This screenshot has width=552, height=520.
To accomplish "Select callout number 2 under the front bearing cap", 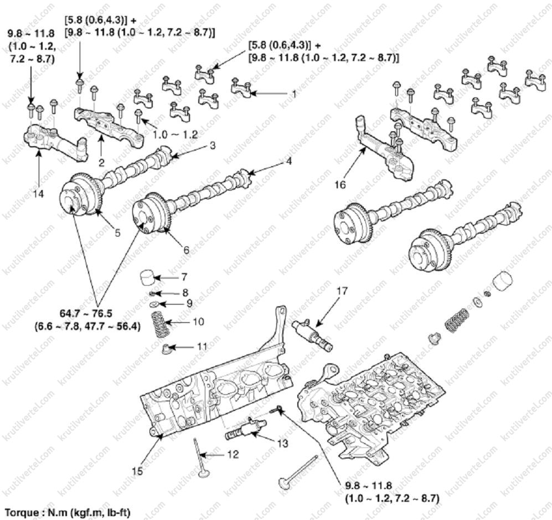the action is pos(102,162).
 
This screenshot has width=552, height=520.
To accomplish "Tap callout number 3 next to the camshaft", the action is pos(212,146).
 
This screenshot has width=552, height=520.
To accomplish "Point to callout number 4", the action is pos(288,162).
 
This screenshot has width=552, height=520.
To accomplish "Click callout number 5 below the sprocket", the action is pos(117,233).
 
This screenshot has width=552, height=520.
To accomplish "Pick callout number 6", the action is pos(186,250).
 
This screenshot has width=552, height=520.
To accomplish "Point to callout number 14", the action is pos(39,193).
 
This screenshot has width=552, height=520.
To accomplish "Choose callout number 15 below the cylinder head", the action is pos(138,471).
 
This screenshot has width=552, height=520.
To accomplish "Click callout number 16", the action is pos(341,184).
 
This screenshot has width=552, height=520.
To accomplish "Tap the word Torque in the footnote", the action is pos(20,512).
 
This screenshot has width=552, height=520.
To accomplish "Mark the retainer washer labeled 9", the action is pos(153,303).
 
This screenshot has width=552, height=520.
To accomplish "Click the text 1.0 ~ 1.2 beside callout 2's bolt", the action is pos(176,135).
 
